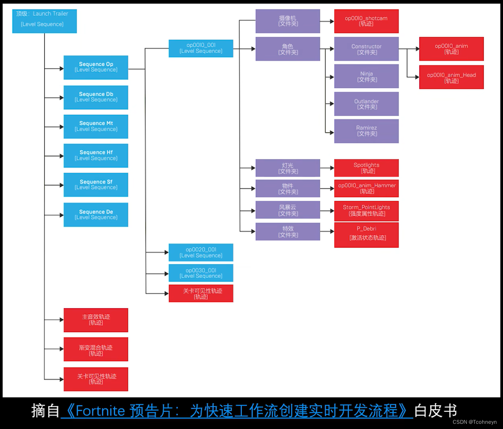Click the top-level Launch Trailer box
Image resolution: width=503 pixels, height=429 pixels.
44,21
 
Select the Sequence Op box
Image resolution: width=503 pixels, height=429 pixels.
96,67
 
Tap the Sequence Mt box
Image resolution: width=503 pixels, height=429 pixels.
96,126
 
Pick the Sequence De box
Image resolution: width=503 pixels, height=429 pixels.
96,214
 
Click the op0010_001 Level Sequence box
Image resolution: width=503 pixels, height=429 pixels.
201,48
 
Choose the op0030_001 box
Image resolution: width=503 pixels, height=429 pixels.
201,273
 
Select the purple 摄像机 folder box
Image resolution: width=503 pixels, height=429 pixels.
287,21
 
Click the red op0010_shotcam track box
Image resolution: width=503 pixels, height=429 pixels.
366,21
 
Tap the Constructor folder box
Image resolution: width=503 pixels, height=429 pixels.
366,49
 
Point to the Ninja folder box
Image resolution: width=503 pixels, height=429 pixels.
366,76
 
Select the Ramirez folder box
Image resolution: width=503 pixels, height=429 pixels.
366,131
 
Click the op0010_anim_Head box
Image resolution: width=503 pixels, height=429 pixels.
451,77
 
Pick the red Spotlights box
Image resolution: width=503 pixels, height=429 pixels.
366,168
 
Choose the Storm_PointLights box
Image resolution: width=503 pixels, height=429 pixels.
366,211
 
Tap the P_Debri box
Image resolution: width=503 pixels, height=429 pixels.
366,235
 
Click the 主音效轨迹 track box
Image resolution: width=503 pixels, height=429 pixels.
96,320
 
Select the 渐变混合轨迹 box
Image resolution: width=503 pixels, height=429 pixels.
96,349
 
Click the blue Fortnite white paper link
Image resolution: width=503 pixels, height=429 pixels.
237,411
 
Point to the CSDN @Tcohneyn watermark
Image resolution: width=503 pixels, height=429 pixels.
474,422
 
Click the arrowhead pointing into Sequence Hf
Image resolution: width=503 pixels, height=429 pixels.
61,156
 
